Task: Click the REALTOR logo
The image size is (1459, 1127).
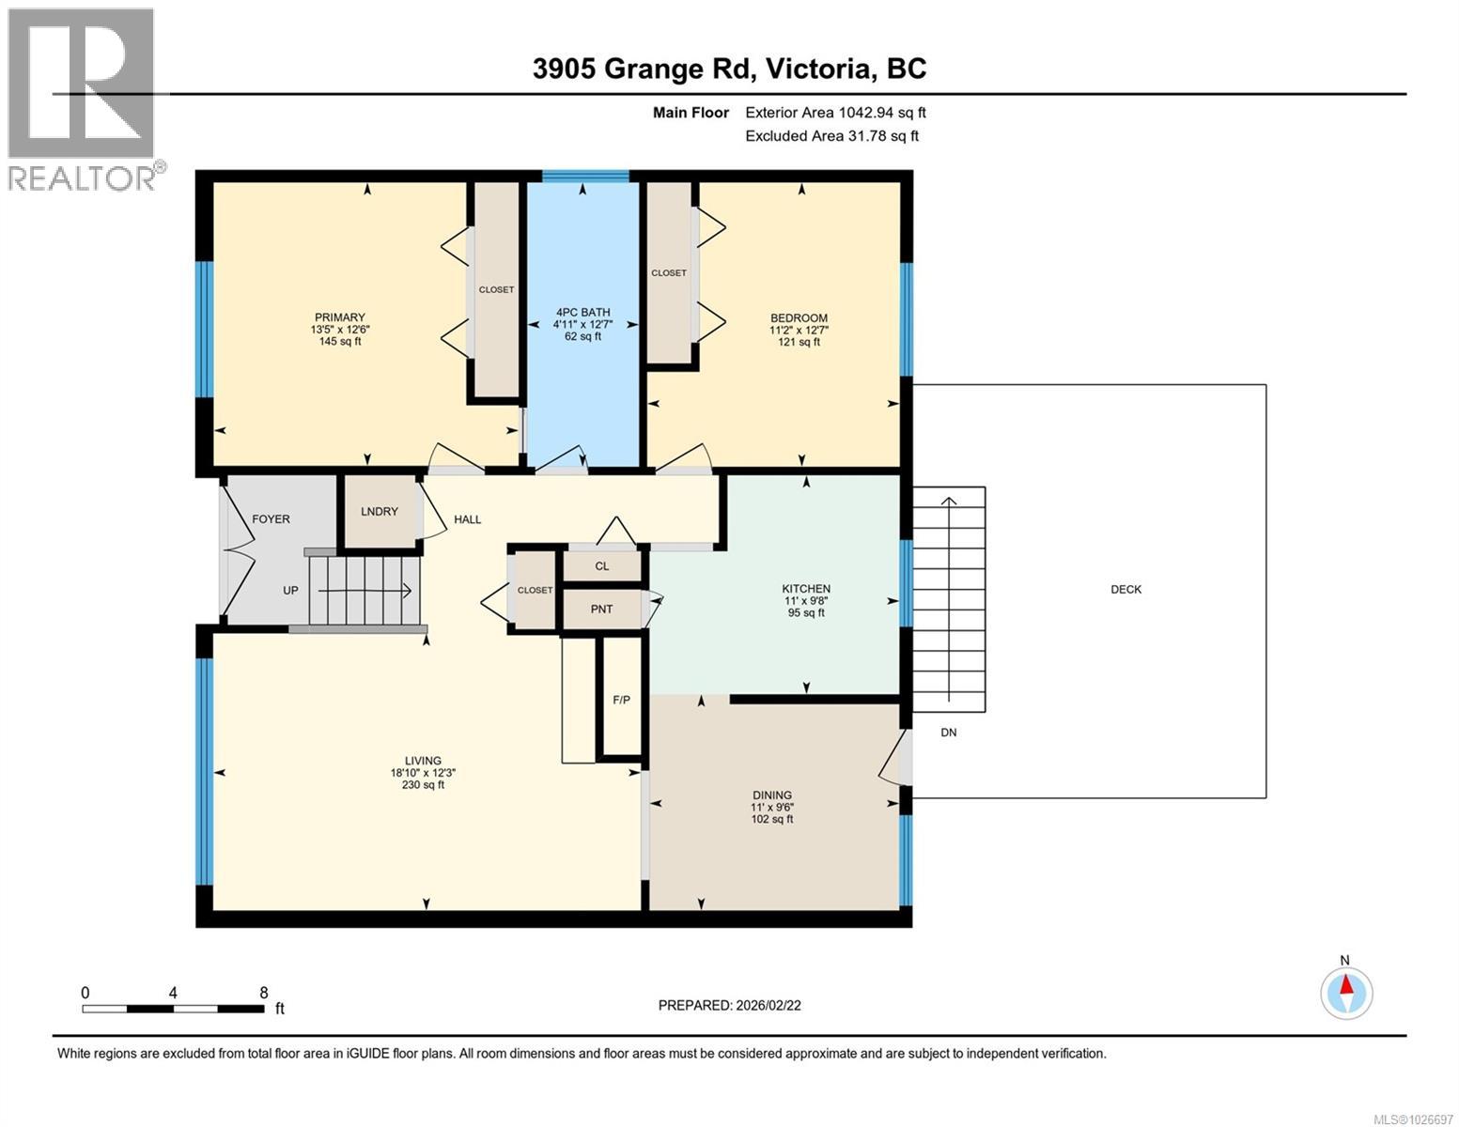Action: [x=82, y=99]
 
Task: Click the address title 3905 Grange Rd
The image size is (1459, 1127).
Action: [x=729, y=69]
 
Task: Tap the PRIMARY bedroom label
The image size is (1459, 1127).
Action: [x=339, y=317]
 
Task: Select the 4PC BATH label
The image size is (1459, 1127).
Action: [x=582, y=313]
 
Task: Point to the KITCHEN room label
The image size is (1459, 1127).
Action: [x=806, y=589]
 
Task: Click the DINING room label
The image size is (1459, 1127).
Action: [x=771, y=795]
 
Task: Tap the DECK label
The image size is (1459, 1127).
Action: [x=1125, y=590]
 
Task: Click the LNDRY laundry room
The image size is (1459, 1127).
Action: [x=380, y=512]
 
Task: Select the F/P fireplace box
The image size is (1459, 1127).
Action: [x=621, y=700]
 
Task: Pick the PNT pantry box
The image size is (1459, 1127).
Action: [x=601, y=610]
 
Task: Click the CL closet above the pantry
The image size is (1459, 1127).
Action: [x=602, y=566]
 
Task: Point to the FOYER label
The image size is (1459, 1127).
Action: [x=271, y=519]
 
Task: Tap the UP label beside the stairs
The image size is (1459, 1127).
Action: [x=290, y=591]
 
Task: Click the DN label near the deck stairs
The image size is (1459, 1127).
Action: [x=949, y=733]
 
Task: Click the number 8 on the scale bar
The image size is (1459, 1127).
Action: [x=264, y=993]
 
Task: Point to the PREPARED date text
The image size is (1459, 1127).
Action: [x=729, y=1005]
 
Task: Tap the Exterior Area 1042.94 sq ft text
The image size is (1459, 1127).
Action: [x=835, y=113]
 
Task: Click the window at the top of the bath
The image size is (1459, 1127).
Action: [x=585, y=176]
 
